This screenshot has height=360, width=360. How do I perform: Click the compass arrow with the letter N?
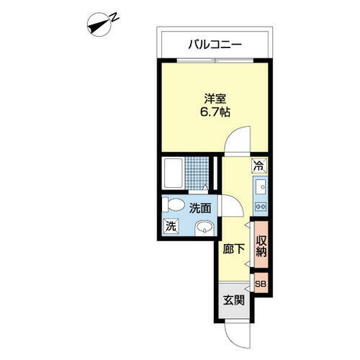pos(101,24)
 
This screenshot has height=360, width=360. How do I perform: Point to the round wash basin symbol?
pos(205,230)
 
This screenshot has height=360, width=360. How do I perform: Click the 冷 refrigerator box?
pos(258,166)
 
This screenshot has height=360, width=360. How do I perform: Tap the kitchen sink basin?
pos(258,188)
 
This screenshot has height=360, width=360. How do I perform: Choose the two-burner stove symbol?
pos(258,207)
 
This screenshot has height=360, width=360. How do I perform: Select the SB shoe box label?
pos(260,283)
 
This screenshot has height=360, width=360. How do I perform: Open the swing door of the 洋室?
pos(238,140)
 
